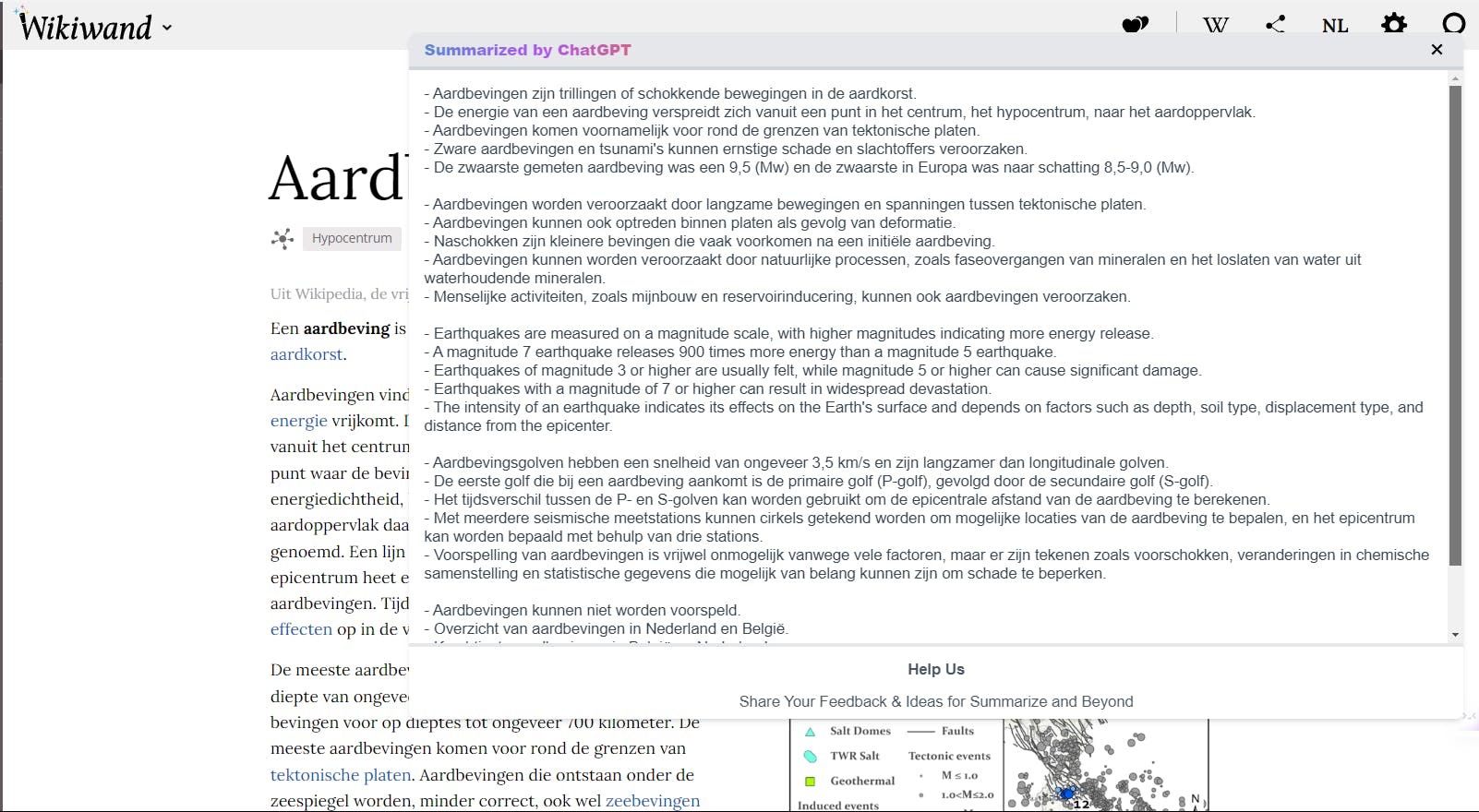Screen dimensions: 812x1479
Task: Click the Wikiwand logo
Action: tap(86, 27)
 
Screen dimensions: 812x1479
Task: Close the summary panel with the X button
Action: tap(1437, 50)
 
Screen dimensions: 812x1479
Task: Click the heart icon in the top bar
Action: tap(1135, 25)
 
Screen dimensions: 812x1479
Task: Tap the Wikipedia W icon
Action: tap(1216, 25)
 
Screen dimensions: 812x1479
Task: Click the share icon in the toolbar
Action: tap(1276, 25)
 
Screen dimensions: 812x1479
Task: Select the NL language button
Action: tap(1335, 26)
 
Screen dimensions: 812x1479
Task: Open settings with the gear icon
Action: tap(1394, 24)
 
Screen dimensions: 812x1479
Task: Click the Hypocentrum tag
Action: tap(352, 238)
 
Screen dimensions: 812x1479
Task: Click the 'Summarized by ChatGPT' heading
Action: tap(527, 50)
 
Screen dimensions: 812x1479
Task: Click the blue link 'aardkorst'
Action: tap(306, 354)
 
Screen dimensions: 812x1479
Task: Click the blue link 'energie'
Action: tap(298, 421)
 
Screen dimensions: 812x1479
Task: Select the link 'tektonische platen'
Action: tap(340, 775)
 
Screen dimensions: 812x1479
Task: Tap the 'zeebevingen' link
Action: tap(653, 801)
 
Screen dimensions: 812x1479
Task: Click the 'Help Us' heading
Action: tap(935, 669)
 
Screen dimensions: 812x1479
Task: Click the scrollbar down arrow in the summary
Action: tap(1455, 635)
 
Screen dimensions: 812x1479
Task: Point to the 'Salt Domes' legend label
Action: tap(860, 731)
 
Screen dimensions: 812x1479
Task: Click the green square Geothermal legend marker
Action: tap(810, 781)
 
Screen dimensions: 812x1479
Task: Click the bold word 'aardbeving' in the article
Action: tap(346, 328)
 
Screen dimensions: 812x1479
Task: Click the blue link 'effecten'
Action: tap(301, 629)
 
